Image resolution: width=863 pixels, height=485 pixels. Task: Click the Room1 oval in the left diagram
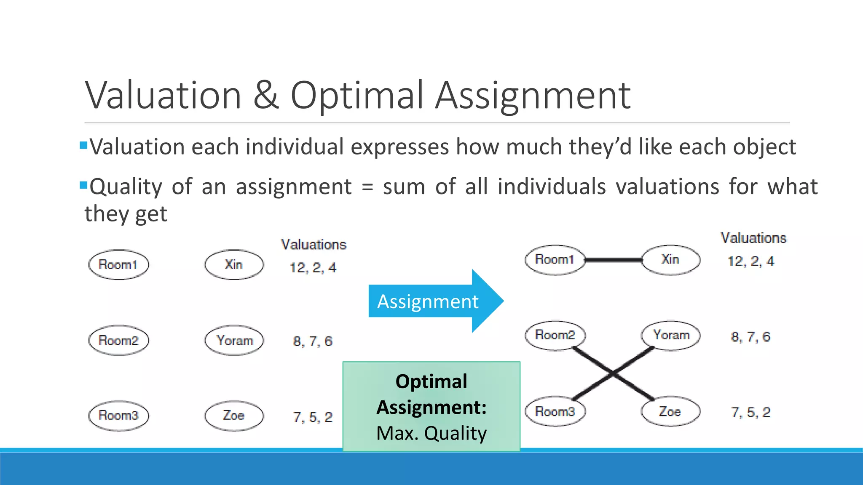tap(118, 264)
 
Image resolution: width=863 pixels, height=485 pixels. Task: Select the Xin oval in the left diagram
tap(234, 264)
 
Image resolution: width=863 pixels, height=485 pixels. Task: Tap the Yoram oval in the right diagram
tap(670, 335)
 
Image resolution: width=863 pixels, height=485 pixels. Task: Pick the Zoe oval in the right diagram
tap(670, 411)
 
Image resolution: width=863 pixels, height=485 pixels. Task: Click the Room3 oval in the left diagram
tap(118, 416)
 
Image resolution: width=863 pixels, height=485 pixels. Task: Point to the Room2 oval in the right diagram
tap(555, 335)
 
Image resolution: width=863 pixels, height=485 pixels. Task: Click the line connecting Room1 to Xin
tap(613, 260)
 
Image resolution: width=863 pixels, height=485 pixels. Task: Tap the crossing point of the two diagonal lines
tap(613, 373)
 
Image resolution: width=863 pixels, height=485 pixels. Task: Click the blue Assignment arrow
tap(434, 301)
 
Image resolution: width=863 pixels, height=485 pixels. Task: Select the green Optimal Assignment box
tap(431, 407)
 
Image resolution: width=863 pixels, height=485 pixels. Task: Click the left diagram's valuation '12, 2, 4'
tap(313, 268)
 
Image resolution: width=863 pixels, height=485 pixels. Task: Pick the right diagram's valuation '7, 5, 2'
tap(750, 413)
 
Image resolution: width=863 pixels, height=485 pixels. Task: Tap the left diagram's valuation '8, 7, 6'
tap(313, 341)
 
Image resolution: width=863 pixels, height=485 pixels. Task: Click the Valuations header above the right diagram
tap(753, 238)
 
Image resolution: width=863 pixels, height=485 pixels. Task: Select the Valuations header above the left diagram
tap(314, 245)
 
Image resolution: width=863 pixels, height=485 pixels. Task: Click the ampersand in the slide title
tap(265, 96)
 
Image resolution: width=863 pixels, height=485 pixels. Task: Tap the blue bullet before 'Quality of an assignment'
tap(83, 185)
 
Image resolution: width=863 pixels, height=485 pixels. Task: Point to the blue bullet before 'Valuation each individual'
tap(83, 146)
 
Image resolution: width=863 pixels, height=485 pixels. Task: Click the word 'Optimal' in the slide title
tap(356, 96)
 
